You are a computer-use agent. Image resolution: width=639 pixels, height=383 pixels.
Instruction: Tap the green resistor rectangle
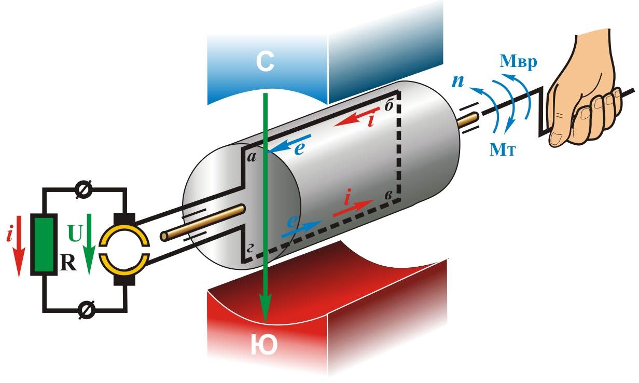coord(45,245)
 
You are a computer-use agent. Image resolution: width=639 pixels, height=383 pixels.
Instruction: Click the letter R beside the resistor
coord(68,264)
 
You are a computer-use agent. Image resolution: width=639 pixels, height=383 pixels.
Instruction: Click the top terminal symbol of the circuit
coord(82,190)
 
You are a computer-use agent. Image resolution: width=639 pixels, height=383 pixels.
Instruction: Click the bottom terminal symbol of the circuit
coord(82,310)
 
